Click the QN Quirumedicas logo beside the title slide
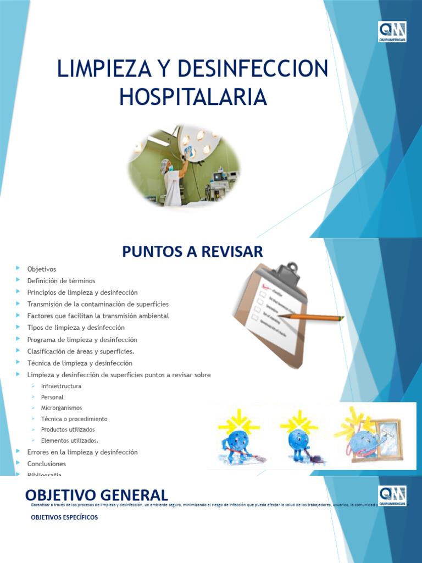point(392,32)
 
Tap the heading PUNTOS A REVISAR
point(192,252)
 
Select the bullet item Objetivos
point(42,269)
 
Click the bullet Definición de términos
point(61,281)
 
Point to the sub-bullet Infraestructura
point(61,386)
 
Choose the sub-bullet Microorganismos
point(61,408)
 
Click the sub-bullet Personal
point(52,397)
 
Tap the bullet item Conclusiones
point(47,464)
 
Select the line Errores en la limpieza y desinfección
point(82,452)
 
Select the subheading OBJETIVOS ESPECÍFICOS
point(64,517)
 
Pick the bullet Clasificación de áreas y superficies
point(81,351)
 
